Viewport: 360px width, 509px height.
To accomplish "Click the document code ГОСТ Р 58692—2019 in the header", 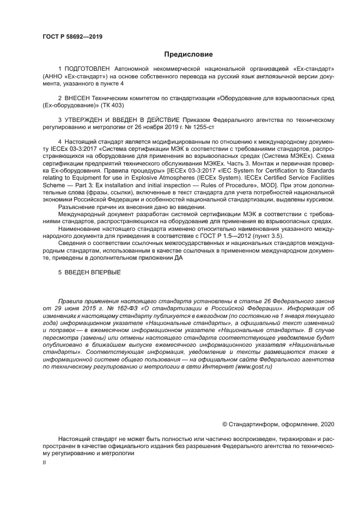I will click(72, 37).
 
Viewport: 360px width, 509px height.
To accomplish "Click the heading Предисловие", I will click(188, 54).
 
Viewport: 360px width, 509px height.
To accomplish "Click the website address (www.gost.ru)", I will click(253, 367).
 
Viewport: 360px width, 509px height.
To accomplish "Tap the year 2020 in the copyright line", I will click(327, 425).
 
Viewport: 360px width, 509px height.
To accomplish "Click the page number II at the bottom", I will click(44, 462).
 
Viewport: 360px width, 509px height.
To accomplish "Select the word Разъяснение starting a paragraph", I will click(77, 207).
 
